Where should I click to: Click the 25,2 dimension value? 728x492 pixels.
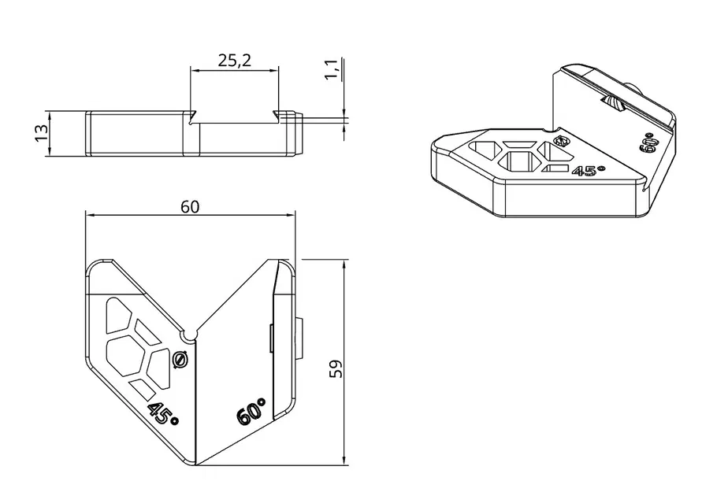pyautogui.click(x=233, y=61)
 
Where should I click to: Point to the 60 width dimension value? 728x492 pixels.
pyautogui.click(x=190, y=206)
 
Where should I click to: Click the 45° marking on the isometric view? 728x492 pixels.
pyautogui.click(x=588, y=171)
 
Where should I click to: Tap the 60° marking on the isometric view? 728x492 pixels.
pyautogui.click(x=650, y=142)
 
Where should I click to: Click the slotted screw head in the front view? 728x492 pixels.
pyautogui.click(x=180, y=360)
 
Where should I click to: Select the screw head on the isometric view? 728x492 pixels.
pyautogui.click(x=562, y=142)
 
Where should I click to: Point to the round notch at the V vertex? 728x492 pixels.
pyautogui.click(x=189, y=333)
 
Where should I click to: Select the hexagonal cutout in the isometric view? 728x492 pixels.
pyautogui.click(x=521, y=161)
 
